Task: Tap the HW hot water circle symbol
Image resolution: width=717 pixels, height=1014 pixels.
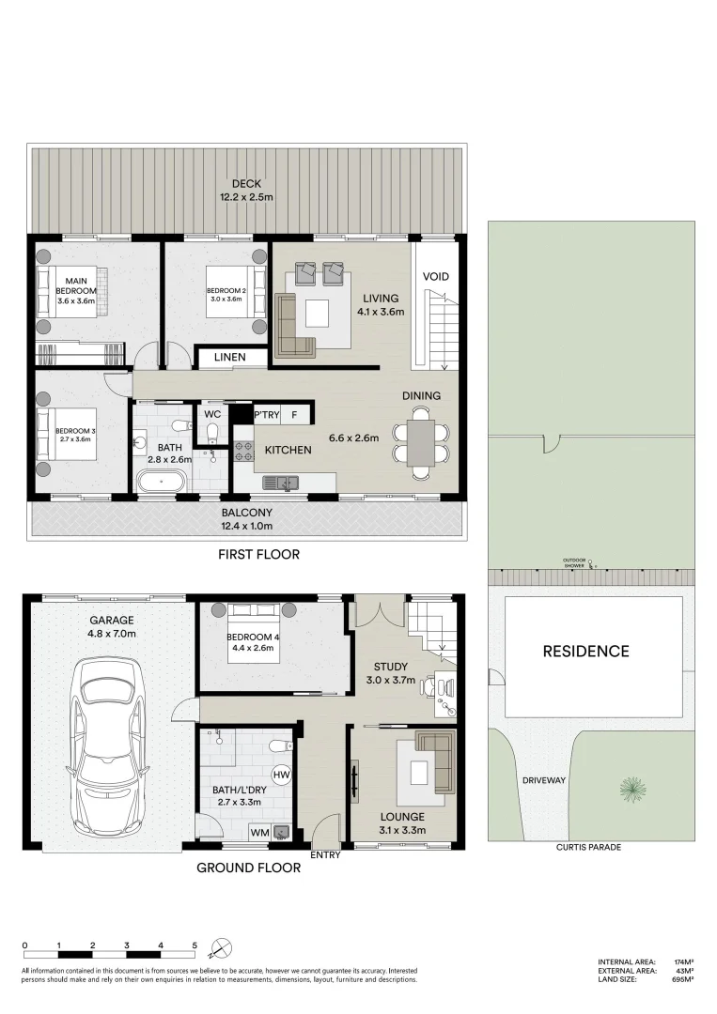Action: coord(281,775)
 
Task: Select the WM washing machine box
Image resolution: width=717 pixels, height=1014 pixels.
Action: coord(258,832)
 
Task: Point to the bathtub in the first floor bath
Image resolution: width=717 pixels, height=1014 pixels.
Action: coord(164,483)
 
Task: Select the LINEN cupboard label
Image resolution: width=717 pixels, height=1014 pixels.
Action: coord(229,357)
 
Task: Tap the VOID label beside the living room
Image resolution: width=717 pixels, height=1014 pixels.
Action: coord(435,277)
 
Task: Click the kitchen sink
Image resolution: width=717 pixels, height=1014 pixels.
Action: coord(280,483)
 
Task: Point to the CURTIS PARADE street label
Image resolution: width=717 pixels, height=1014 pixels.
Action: coord(589,847)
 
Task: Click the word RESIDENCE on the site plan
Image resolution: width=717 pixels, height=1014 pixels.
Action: coord(586,651)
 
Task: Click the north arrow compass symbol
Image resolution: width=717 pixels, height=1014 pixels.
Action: coord(221,946)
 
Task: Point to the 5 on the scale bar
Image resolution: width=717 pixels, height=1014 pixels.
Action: coord(195,945)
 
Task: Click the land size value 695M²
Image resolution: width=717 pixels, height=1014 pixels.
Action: coord(683,979)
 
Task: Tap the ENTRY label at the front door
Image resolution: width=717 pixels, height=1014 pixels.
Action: coord(324,854)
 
